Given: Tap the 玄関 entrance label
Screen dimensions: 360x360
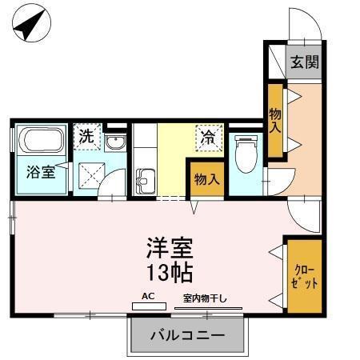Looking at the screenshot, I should pyautogui.click(x=304, y=62).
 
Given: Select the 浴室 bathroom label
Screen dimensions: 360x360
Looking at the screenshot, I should pyautogui.click(x=40, y=170).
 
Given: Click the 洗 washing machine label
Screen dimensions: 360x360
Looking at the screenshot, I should pyautogui.click(x=85, y=136).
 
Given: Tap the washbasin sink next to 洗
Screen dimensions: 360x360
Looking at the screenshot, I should pyautogui.click(x=114, y=143).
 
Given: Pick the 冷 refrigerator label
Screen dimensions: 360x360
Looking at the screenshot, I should pyautogui.click(x=206, y=136).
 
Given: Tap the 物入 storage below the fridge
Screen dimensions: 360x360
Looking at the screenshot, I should pyautogui.click(x=206, y=178).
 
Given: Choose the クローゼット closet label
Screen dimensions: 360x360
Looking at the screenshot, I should pyautogui.click(x=304, y=276).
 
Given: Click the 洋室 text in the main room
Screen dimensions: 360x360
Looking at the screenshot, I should pyautogui.click(x=170, y=247).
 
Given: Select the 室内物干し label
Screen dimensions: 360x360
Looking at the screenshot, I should pyautogui.click(x=205, y=298).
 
